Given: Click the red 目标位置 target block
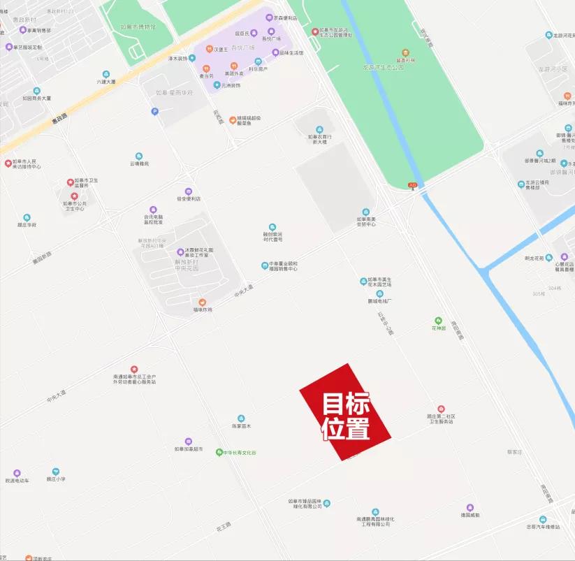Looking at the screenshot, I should click(345, 413).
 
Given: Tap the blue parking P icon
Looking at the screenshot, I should click(154, 111).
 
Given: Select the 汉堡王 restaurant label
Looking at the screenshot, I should click(221, 50).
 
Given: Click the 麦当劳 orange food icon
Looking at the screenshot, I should click(206, 68).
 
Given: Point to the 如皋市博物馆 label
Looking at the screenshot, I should click(137, 27).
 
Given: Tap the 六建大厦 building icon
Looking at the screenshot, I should click(106, 74).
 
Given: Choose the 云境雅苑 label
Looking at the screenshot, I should click(139, 163).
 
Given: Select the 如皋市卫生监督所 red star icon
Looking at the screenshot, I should click(70, 182).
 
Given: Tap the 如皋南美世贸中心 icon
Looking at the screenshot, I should click(365, 212).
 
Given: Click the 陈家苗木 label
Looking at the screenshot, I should click(241, 425).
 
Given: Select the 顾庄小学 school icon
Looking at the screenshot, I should click(56, 472).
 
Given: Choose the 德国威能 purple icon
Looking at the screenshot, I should click(470, 507).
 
